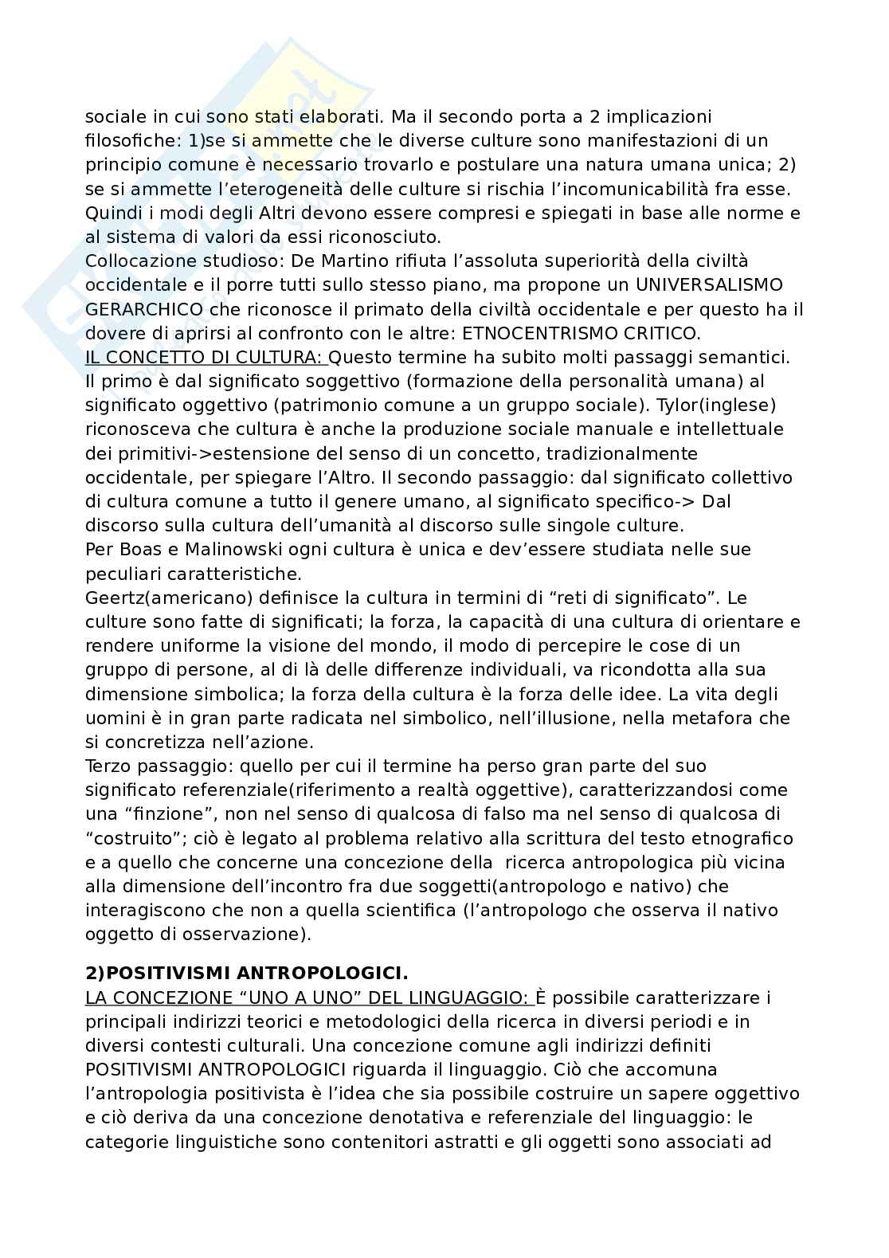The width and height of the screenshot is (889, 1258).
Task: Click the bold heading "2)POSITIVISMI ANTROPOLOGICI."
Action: click(x=246, y=974)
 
